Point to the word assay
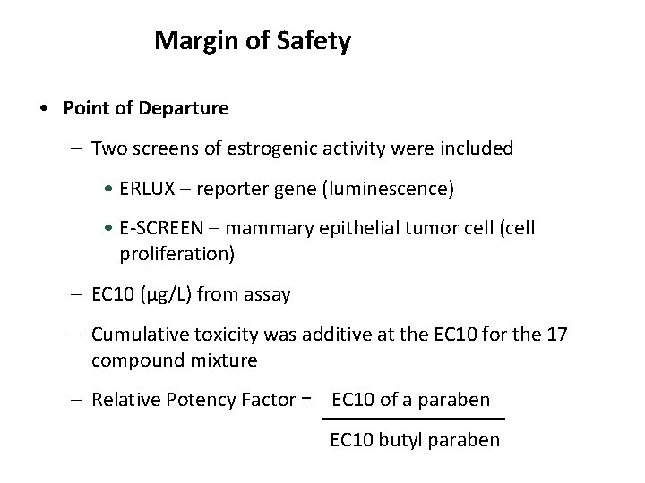266,293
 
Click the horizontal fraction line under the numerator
413,419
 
